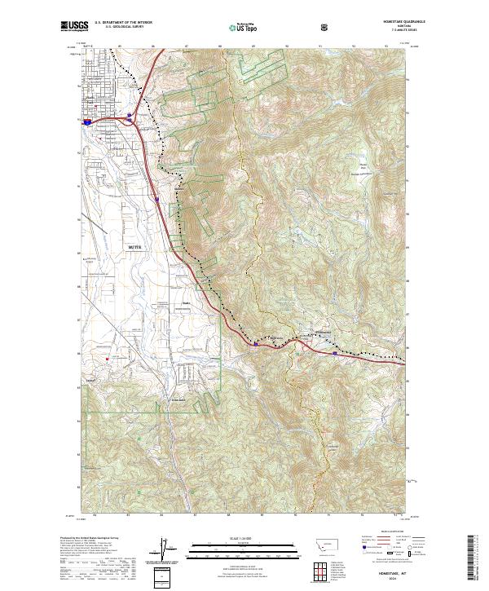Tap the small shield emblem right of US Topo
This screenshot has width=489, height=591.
coord(279,27)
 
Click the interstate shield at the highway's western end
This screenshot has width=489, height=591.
coord(87,119)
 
